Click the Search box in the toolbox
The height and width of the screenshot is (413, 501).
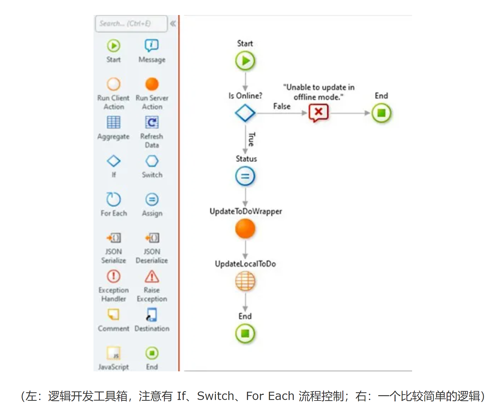[x=131, y=24]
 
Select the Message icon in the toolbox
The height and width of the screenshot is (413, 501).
[x=152, y=45]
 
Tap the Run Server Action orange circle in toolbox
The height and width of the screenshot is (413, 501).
[x=152, y=84]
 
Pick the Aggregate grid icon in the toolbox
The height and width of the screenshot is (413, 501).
[x=114, y=122]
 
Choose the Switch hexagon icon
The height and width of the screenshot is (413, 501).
[x=152, y=161]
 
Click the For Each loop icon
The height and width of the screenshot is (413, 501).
[x=114, y=199]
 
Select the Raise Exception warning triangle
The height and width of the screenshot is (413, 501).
[x=152, y=276]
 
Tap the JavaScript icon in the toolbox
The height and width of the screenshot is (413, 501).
[x=114, y=353]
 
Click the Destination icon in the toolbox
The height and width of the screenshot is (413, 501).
[x=152, y=315]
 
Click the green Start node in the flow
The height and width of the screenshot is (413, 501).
[x=245, y=61]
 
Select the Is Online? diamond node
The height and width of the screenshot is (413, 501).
[x=245, y=113]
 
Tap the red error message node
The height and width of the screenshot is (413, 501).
[x=319, y=113]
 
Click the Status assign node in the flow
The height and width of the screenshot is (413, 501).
[x=245, y=176]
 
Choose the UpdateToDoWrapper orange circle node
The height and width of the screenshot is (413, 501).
[x=245, y=229]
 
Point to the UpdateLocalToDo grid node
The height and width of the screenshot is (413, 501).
[x=245, y=281]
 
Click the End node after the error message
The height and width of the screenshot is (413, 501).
[x=381, y=113]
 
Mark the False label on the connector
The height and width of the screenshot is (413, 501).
[x=282, y=106]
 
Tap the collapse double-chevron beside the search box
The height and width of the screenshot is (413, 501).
[x=173, y=24]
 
